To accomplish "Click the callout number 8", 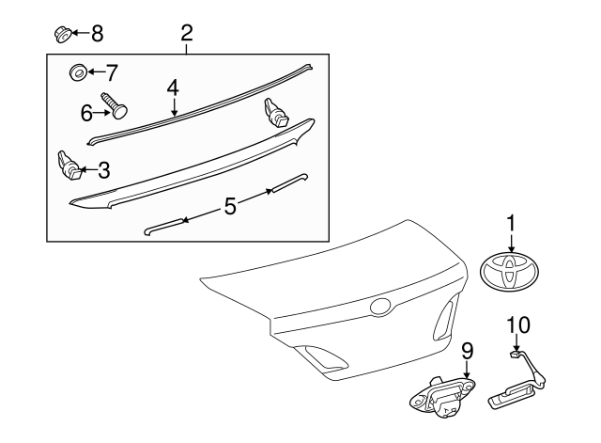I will pos(97,34).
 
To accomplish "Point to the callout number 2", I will pos(187,33).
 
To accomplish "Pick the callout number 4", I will pos(173,87).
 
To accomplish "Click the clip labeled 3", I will pos(69,166).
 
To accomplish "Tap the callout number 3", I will pos(103,170).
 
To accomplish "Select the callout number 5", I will pos(230,205).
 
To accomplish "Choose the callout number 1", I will pos(511,223).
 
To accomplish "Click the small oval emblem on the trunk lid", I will pos(380,307).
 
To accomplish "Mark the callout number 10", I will pos(518,324).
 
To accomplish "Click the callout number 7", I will pos(112,71).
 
